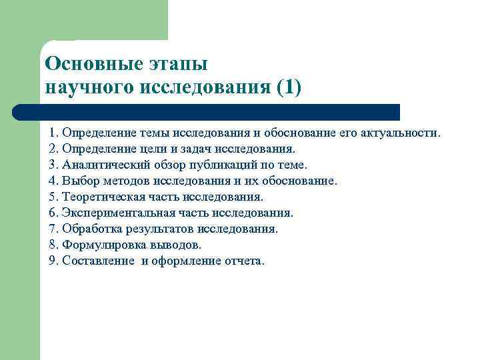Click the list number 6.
[53, 213]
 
